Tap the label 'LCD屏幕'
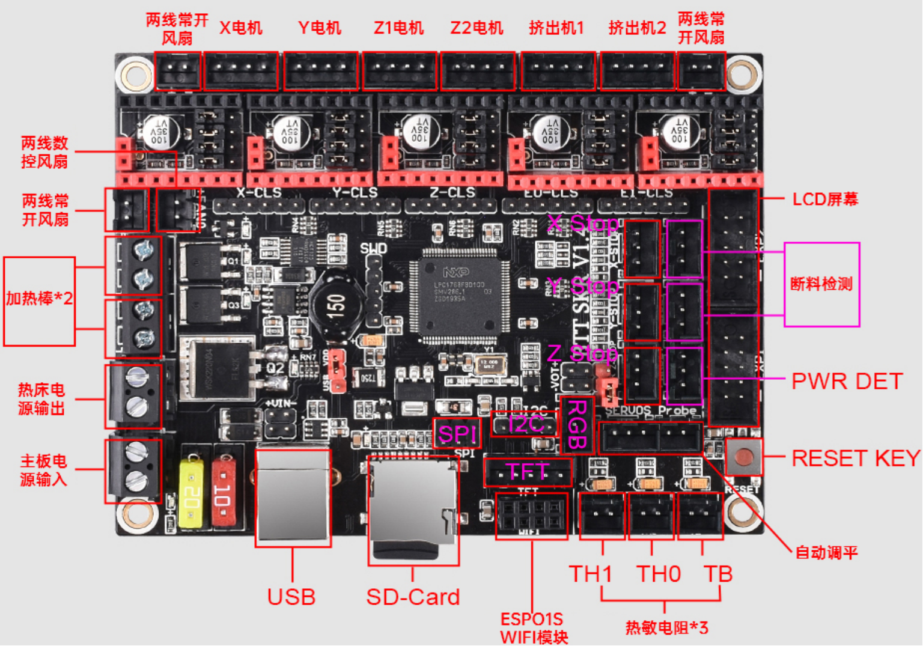pyautogui.click(x=825, y=200)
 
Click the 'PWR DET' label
pyautogui.click(x=847, y=381)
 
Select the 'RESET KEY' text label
pyautogui.click(x=855, y=458)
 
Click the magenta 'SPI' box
pyautogui.click(x=457, y=433)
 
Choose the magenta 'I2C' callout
pyautogui.click(x=525, y=424)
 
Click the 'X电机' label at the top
pyautogui.click(x=241, y=28)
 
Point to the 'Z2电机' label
pyautogui.click(x=477, y=28)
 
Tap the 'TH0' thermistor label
pyautogui.click(x=659, y=574)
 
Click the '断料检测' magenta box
pyautogui.click(x=821, y=284)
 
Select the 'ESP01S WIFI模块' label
pyautogui.click(x=534, y=628)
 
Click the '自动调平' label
pyautogui.click(x=826, y=552)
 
